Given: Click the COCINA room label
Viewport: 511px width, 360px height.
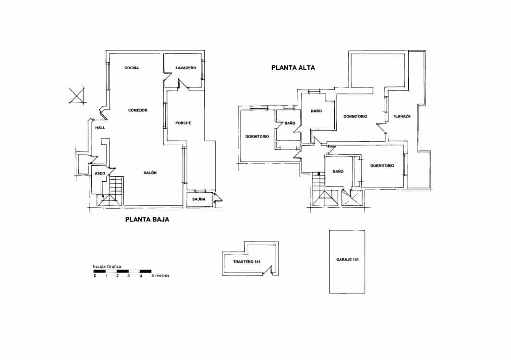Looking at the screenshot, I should pyautogui.click(x=132, y=68).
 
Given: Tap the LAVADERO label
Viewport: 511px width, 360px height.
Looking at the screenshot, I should pyautogui.click(x=186, y=68).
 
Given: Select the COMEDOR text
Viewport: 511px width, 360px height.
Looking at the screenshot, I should pyautogui.click(x=138, y=111).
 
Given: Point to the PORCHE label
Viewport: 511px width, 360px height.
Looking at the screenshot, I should pyautogui.click(x=183, y=123).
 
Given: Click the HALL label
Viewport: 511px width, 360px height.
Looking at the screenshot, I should pyautogui.click(x=100, y=128).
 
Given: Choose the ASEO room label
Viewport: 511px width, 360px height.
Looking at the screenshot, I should pyautogui.click(x=100, y=173).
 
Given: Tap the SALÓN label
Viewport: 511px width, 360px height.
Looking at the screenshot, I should pyautogui.click(x=150, y=173).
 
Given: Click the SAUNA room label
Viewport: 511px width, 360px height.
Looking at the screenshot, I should pyautogui.click(x=199, y=199).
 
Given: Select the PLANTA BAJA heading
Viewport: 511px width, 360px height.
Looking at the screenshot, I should pyautogui.click(x=147, y=220).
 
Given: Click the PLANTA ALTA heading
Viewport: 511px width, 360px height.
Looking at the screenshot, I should pyautogui.click(x=293, y=68).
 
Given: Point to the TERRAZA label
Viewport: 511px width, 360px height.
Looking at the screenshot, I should pyautogui.click(x=401, y=117).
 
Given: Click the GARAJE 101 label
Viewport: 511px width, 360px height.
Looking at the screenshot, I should pyautogui.click(x=347, y=260).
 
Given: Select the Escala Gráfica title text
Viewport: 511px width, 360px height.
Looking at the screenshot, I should pyautogui.click(x=107, y=266).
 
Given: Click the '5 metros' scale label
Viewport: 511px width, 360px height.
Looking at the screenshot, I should pyautogui.click(x=160, y=276).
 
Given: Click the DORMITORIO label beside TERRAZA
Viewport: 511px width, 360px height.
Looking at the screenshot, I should pyautogui.click(x=355, y=117).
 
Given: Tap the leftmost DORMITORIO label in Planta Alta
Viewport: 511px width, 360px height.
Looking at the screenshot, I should pyautogui.click(x=257, y=137).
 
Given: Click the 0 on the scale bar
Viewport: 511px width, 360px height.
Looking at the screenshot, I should pyautogui.click(x=95, y=276).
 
